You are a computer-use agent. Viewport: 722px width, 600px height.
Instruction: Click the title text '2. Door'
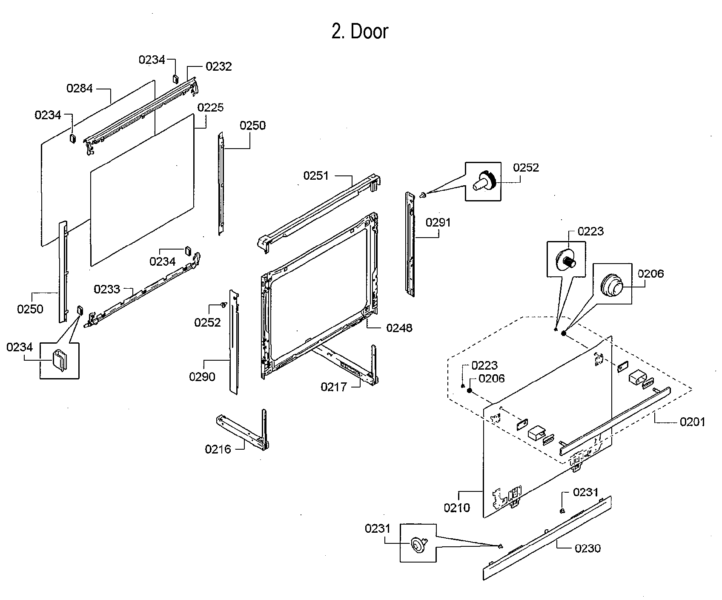[x=360, y=32]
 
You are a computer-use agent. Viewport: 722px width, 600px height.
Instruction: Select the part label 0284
[x=80, y=89]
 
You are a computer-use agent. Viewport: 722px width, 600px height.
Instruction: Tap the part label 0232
[x=218, y=66]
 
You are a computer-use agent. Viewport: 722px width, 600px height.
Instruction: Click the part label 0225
[x=210, y=107]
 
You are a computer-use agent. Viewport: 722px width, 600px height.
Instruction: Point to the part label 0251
[x=316, y=175]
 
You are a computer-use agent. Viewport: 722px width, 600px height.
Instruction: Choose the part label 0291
[x=438, y=222]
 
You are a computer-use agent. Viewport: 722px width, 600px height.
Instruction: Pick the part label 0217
[x=334, y=387]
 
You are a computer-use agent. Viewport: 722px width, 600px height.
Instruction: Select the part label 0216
[x=218, y=449]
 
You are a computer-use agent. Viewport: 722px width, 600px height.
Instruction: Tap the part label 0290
[x=202, y=376]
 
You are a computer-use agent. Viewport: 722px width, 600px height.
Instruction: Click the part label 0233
[x=107, y=290]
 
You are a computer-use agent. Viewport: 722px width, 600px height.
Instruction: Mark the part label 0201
[x=693, y=422]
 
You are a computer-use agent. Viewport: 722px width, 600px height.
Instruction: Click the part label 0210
[x=457, y=508]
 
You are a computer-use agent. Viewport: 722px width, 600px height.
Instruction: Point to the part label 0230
[x=587, y=548]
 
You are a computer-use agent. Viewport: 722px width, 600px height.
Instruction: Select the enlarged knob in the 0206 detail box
[x=612, y=284]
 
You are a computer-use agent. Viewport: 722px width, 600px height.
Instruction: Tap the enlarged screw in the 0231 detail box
[x=418, y=544]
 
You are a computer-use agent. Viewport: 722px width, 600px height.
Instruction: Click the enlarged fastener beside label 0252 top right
[x=484, y=181]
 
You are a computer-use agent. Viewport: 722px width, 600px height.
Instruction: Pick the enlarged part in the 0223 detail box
[x=566, y=258]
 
